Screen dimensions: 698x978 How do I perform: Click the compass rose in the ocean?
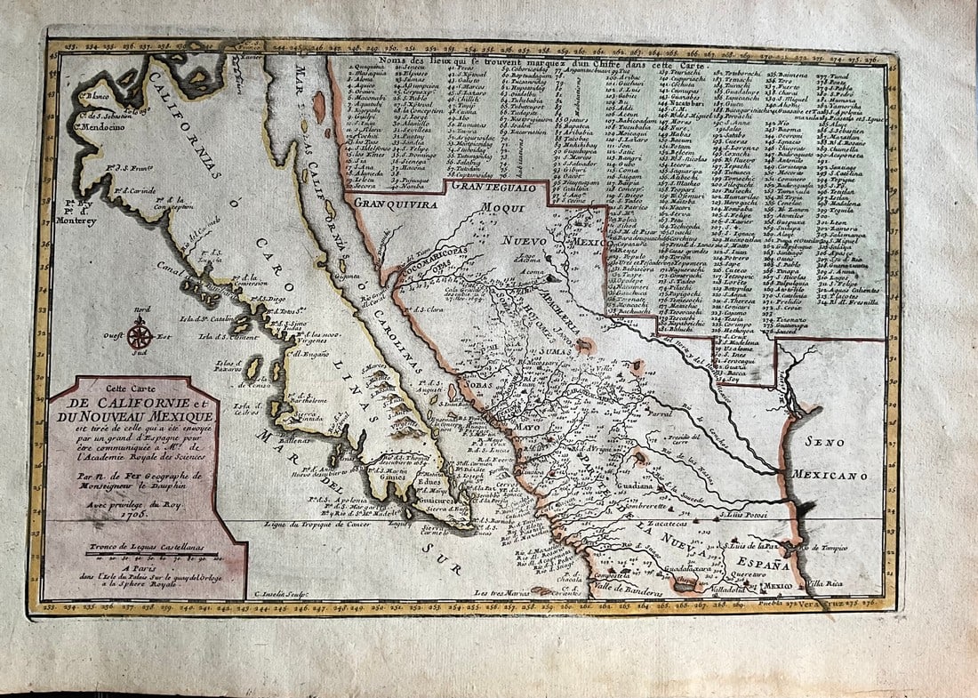tap(139, 333)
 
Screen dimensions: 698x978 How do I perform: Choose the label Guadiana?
tap(637, 486)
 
